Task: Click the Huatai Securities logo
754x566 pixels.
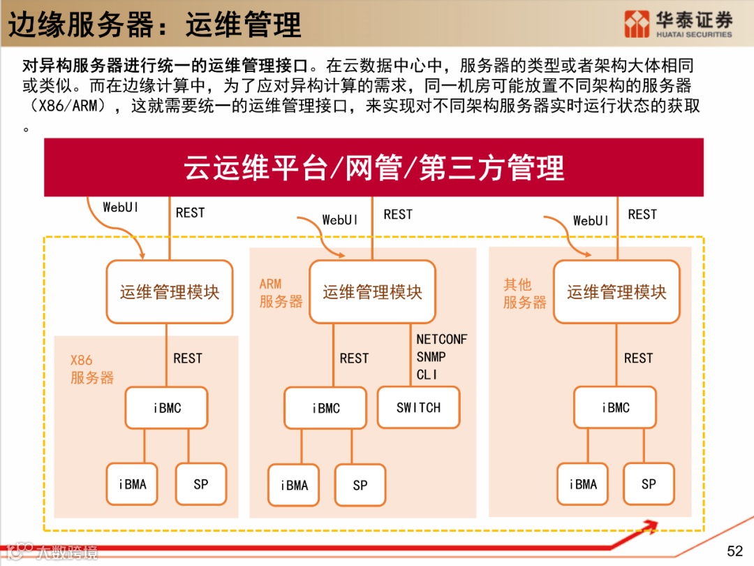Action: [678, 24]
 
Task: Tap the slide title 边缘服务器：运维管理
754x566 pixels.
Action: [154, 24]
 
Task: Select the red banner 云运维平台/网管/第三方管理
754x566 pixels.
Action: [374, 168]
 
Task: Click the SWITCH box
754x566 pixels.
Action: [418, 407]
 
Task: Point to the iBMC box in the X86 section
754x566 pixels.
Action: [167, 408]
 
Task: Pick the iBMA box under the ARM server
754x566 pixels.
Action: [294, 485]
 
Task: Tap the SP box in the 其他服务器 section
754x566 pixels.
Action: [649, 484]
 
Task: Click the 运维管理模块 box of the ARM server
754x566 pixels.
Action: [372, 292]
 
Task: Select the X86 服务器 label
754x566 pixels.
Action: [91, 369]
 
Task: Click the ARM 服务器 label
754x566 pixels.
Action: [281, 293]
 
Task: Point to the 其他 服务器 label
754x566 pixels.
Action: [524, 293]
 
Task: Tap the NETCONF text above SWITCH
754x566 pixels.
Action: [441, 340]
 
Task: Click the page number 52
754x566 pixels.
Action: [734, 551]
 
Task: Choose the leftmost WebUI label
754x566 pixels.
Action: [120, 208]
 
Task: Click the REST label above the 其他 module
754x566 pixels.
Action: [642, 215]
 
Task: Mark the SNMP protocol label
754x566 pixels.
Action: [431, 357]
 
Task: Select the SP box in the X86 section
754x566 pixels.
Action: [201, 484]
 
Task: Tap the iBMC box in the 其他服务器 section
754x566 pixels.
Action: [616, 407]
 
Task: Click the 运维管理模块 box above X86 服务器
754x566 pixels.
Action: [169, 292]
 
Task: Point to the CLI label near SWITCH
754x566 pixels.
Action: [427, 375]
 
